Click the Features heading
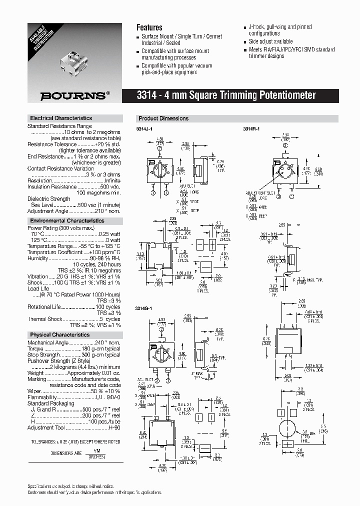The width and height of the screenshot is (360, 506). click(x=149, y=27)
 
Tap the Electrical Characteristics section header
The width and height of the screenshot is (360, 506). click(x=61, y=118)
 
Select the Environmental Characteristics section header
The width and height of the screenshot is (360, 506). click(x=67, y=220)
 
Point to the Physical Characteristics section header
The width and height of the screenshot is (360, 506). click(x=59, y=334)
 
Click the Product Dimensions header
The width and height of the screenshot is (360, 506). click(x=163, y=118)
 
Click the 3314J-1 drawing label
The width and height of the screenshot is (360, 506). click(x=144, y=129)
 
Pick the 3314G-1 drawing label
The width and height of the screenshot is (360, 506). click(x=144, y=308)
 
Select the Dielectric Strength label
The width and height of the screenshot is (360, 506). click(x=48, y=199)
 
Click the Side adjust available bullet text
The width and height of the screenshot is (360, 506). click(x=270, y=41)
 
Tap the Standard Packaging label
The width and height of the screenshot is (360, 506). click(x=50, y=403)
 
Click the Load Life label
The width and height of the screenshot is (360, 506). click(x=38, y=289)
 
